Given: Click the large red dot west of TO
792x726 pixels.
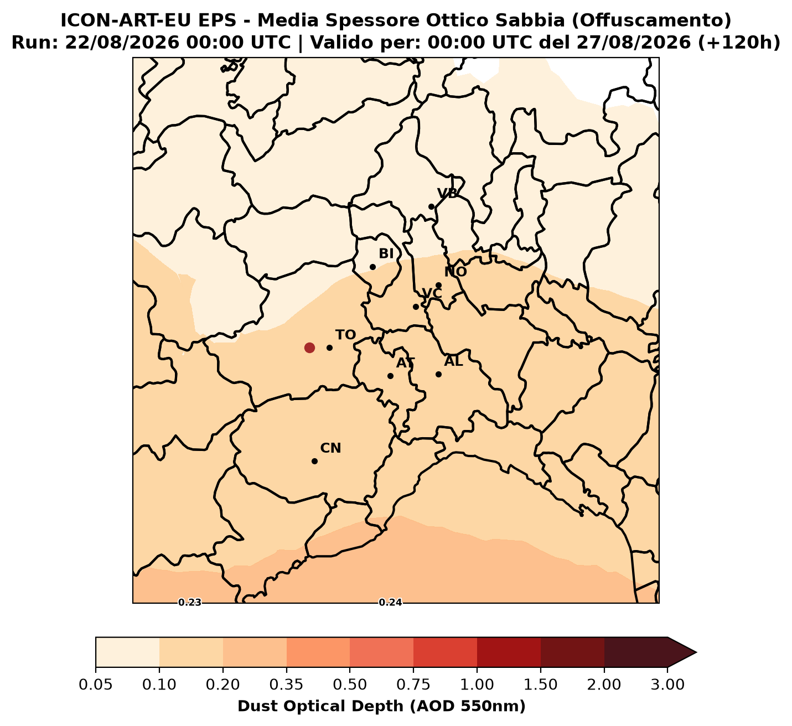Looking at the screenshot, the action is click(x=309, y=348).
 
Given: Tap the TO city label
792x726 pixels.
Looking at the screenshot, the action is click(x=345, y=335).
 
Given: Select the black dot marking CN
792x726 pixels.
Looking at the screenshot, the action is click(x=315, y=461).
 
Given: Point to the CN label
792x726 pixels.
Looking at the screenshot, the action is click(x=330, y=448).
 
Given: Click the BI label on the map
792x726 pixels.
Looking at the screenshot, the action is click(x=386, y=254).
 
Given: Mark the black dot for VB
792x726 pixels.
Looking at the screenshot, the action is click(x=432, y=207).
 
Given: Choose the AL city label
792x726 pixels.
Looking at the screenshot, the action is click(x=453, y=361).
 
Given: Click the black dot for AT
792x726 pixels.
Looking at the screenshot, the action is click(x=391, y=376).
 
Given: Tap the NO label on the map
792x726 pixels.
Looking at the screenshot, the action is click(x=455, y=272).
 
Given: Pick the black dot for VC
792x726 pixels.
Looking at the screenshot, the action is click(x=416, y=307).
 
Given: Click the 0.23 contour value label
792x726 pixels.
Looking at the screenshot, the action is click(x=190, y=603).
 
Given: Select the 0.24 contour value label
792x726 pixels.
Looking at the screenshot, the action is click(x=391, y=603).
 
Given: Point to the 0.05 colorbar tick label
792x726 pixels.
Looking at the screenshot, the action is click(x=96, y=685).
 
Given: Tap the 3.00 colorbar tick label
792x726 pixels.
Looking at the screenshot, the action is click(x=667, y=685).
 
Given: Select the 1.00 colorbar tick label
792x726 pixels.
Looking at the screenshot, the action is click(x=477, y=685).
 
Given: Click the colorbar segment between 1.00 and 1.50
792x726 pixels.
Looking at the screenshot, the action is click(x=509, y=652).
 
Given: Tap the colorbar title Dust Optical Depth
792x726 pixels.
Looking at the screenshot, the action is click(x=322, y=707).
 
